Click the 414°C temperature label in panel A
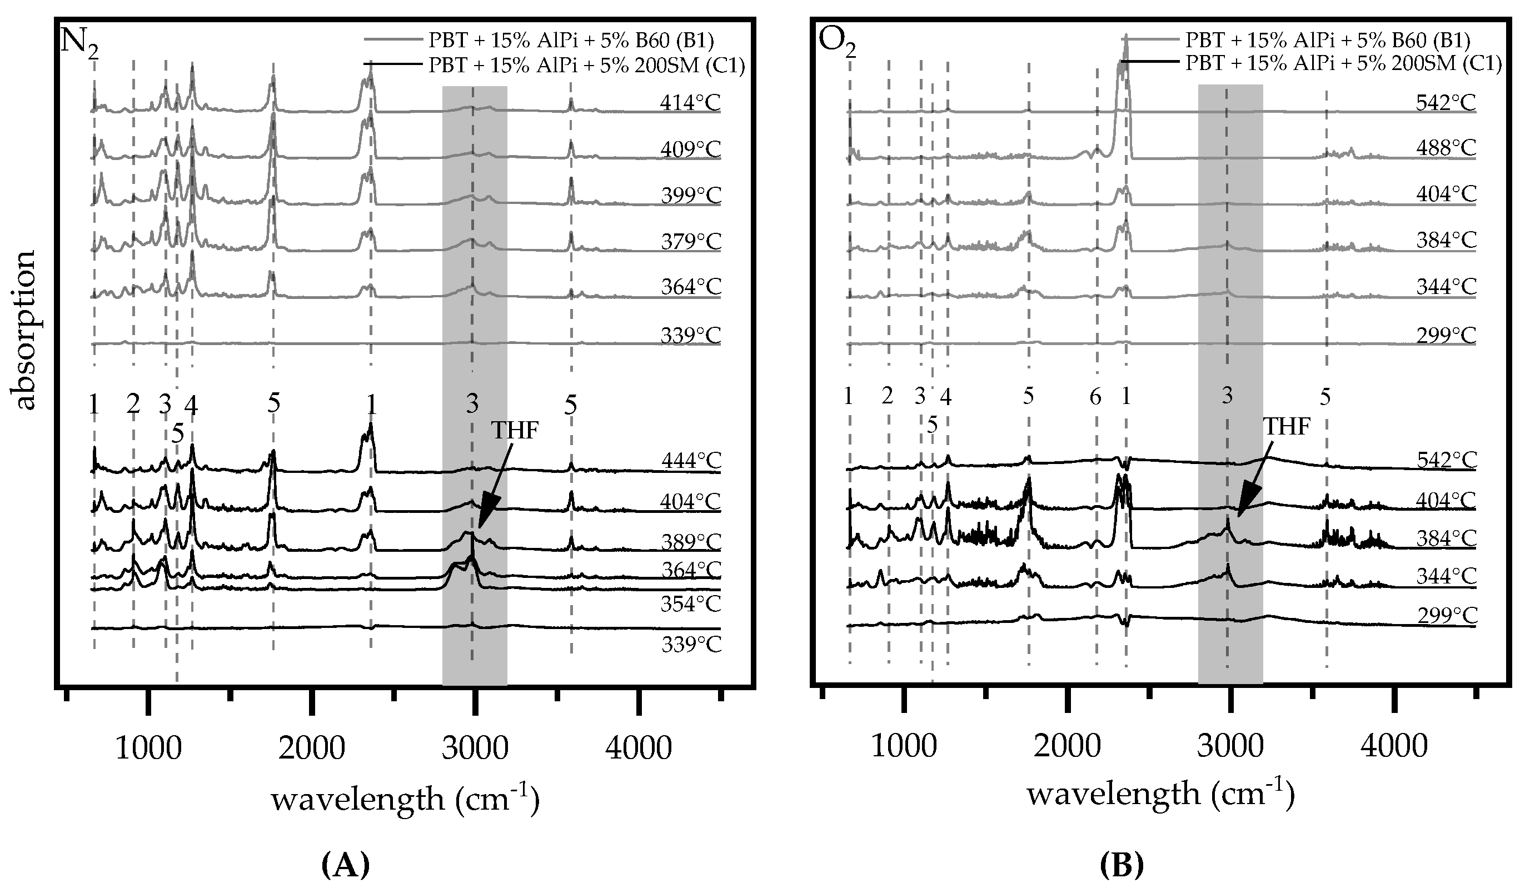[x=690, y=103]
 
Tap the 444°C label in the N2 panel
[x=691, y=461]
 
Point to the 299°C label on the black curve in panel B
[x=1447, y=616]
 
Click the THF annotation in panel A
[x=514, y=430]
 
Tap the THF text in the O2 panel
[x=1286, y=427]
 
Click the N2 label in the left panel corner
[x=79, y=43]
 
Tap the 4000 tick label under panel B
[x=1394, y=746]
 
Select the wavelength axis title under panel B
[x=1160, y=795]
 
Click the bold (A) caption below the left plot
[x=345, y=862]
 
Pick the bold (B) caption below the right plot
[x=1122, y=862]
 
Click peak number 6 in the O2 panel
[x=1095, y=397]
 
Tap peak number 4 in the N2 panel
[x=191, y=404]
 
